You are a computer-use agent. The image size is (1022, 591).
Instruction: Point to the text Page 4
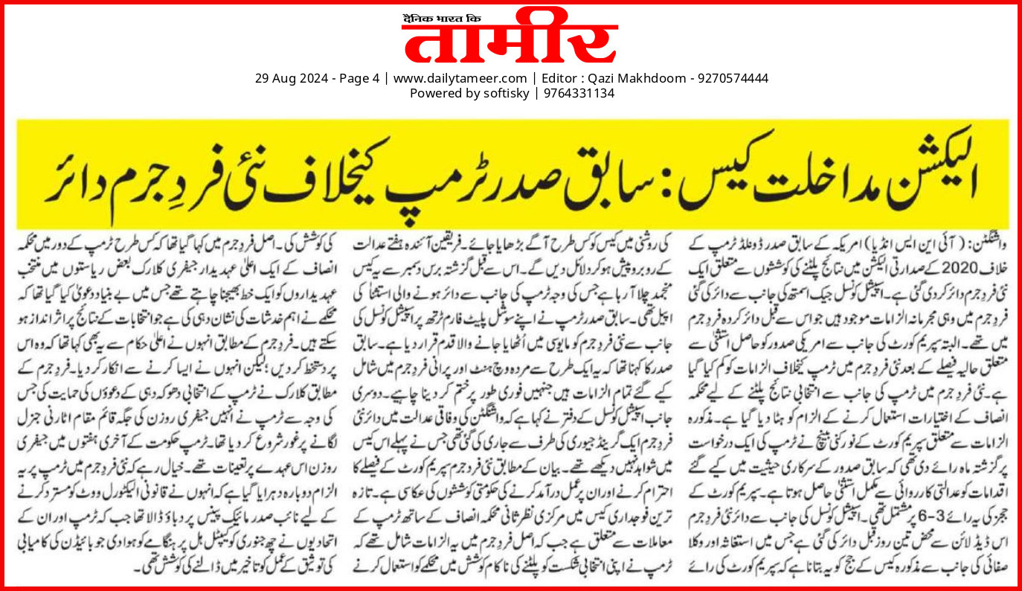click(x=356, y=78)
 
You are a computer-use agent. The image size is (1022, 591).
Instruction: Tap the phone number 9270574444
click(x=732, y=78)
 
